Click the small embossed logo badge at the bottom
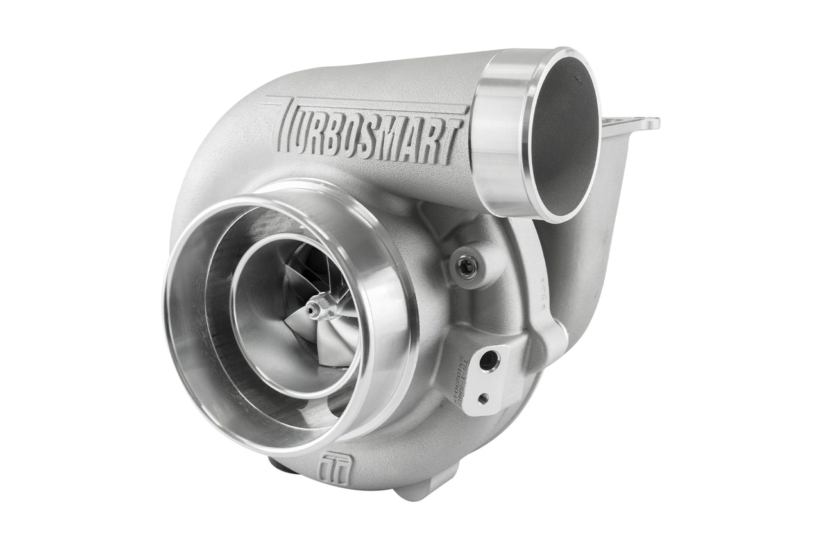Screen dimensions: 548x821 (x=335, y=467)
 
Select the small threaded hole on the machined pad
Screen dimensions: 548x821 (x=483, y=398)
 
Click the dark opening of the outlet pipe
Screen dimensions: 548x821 (x=565, y=138)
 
